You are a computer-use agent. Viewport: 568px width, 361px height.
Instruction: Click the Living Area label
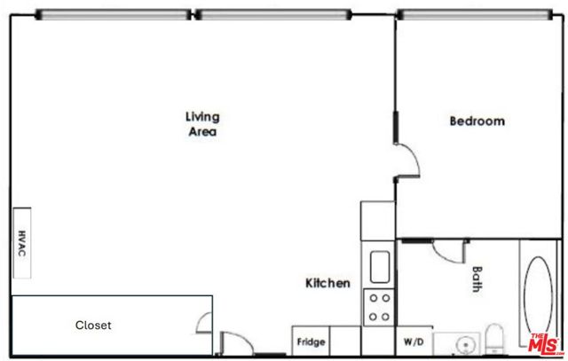(202, 124)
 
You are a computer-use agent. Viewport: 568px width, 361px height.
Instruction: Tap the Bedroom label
(477, 122)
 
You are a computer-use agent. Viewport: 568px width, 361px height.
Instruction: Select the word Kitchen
(327, 284)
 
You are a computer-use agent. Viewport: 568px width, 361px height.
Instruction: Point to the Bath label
(477, 280)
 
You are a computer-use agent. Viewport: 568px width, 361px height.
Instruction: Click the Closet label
(93, 326)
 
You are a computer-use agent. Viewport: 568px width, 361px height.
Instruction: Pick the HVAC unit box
(22, 243)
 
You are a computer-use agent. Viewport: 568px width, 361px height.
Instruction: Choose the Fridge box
(311, 341)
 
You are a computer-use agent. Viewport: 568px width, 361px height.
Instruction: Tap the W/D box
(413, 341)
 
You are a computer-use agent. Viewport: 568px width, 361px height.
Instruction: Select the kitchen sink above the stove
(380, 265)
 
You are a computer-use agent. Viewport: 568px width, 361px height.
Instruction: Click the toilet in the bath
(496, 341)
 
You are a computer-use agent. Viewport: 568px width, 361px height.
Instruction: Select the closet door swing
(205, 323)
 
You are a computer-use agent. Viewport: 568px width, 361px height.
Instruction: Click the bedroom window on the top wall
(472, 14)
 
